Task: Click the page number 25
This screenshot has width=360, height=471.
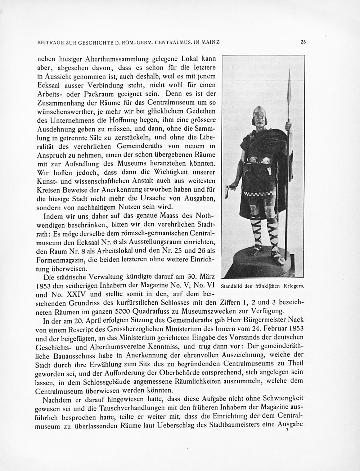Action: tap(303, 42)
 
